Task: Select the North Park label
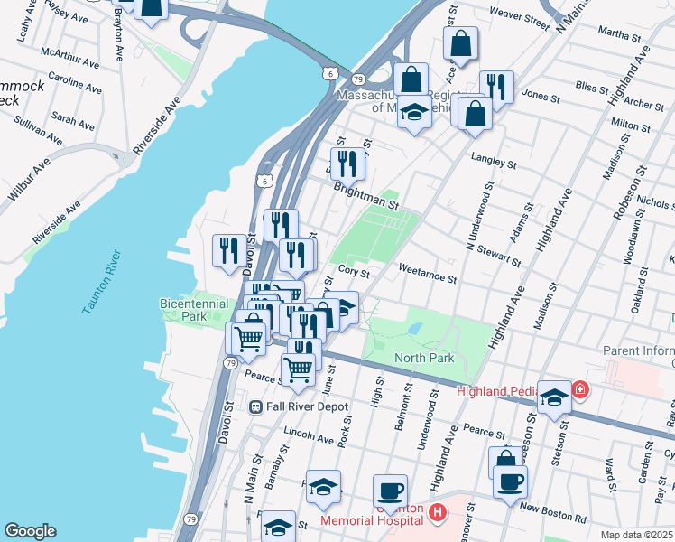click(x=424, y=358)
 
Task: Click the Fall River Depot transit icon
click(x=256, y=406)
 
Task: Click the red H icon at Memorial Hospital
click(x=438, y=513)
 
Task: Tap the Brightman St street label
click(x=365, y=198)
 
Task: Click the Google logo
click(x=30, y=531)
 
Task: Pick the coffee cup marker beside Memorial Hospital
click(x=390, y=491)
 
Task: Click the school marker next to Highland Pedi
click(x=553, y=397)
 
